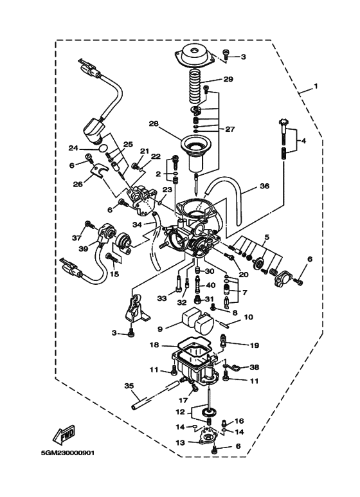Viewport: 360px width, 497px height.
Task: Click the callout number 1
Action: [316, 86]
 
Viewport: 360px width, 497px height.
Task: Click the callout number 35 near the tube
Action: [129, 386]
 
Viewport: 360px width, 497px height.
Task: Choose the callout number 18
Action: [154, 345]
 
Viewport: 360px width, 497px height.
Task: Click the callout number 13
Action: [180, 443]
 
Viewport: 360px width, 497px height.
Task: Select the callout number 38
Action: [255, 367]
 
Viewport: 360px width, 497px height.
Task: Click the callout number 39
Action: [83, 249]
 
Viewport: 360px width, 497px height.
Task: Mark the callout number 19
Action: [255, 345]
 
